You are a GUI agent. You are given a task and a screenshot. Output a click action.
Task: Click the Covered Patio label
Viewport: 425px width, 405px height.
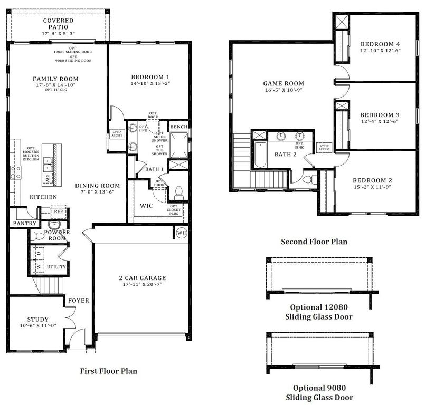58,21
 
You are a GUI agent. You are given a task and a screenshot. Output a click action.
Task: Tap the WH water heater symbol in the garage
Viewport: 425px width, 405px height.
182,233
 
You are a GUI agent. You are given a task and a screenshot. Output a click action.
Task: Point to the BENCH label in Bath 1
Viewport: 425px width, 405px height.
177,127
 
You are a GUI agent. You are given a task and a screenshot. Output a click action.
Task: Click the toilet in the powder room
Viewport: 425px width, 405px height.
34,235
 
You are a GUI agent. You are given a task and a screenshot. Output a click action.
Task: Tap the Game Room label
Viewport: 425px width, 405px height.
284,83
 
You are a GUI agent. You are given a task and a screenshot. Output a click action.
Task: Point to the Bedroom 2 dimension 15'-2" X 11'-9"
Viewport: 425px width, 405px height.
372,187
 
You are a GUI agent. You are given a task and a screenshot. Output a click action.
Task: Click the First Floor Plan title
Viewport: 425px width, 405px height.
108,371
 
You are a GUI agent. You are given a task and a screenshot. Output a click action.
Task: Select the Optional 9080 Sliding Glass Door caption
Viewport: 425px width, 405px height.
319,392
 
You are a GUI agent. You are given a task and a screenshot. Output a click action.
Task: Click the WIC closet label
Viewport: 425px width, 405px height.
146,205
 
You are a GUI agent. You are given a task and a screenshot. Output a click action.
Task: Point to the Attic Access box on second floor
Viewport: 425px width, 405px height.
324,147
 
